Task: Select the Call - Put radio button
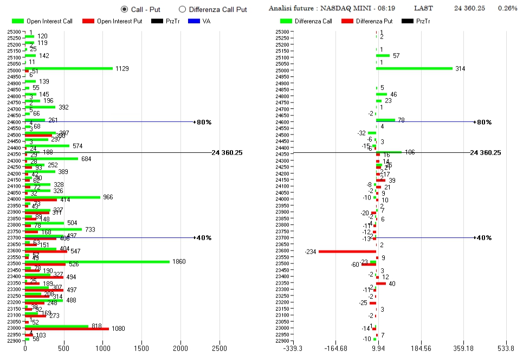click(x=125, y=9)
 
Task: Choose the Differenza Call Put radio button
click(x=182, y=9)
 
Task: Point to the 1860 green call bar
click(x=98, y=261)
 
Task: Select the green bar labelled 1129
click(x=69, y=68)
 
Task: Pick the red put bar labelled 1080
click(x=67, y=329)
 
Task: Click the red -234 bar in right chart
click(x=347, y=251)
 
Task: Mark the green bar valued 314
click(x=414, y=68)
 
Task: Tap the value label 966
click(x=108, y=197)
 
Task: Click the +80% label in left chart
click(x=204, y=122)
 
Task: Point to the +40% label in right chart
click(x=482, y=238)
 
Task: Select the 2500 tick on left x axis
click(x=219, y=349)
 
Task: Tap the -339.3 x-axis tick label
click(x=293, y=349)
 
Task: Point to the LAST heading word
click(x=423, y=9)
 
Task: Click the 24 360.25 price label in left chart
click(x=227, y=153)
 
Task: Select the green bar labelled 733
click(x=54, y=229)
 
